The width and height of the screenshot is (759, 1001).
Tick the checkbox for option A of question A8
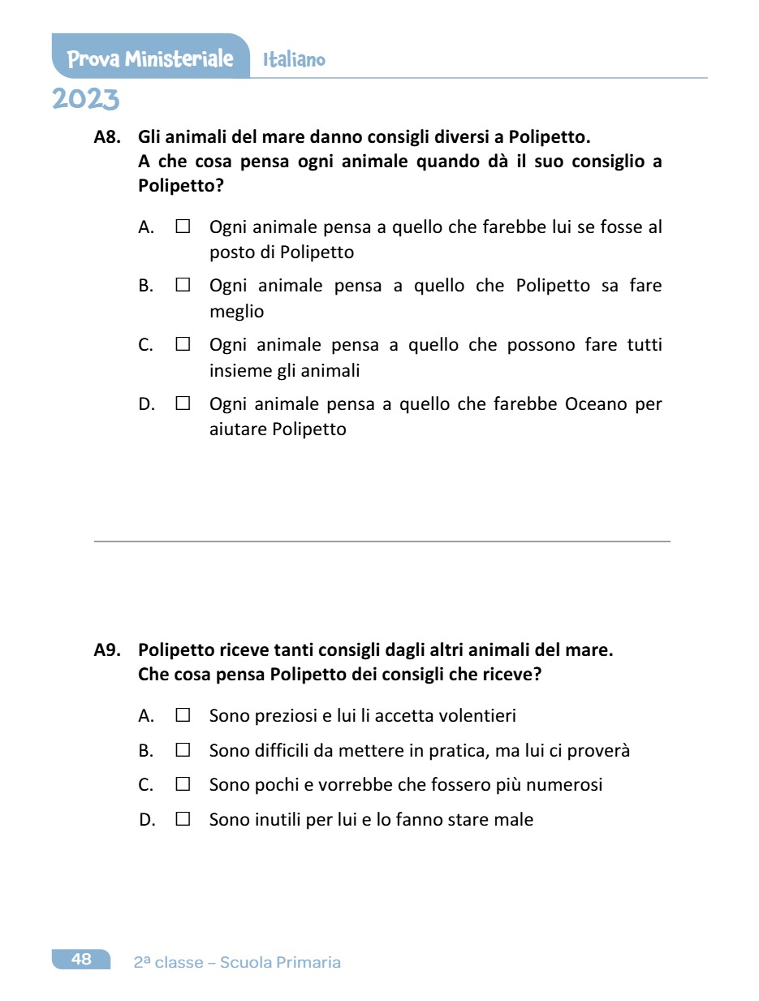(183, 227)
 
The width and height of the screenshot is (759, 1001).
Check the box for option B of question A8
(183, 286)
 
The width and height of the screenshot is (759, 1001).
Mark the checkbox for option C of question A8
(183, 345)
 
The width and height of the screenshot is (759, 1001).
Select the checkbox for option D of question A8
(183, 403)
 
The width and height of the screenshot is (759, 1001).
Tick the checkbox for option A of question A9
(183, 716)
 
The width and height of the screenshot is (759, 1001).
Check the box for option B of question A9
(183, 751)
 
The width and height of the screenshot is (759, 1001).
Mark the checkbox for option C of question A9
(183, 785)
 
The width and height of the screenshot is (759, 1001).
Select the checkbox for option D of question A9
(183, 820)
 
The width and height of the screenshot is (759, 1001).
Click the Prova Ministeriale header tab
(150, 59)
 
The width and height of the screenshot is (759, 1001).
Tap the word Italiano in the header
(294, 60)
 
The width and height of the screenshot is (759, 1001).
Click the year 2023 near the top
(86, 99)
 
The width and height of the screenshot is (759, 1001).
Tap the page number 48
(81, 960)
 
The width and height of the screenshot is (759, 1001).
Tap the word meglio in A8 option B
(236, 313)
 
